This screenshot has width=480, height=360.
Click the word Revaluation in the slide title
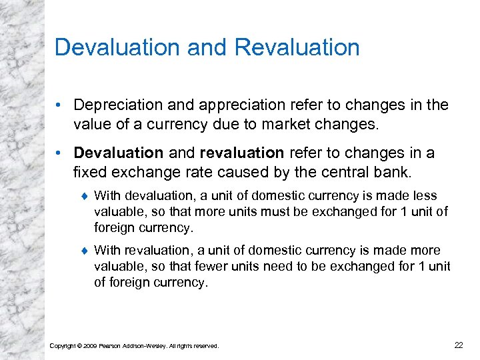(298, 47)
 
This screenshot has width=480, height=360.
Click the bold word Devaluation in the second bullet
(118, 153)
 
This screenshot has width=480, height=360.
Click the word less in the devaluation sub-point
(424, 196)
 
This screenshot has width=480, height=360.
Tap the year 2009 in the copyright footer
(89, 345)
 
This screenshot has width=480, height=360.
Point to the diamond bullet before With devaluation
(84, 196)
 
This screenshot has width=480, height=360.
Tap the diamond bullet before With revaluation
(84, 251)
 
